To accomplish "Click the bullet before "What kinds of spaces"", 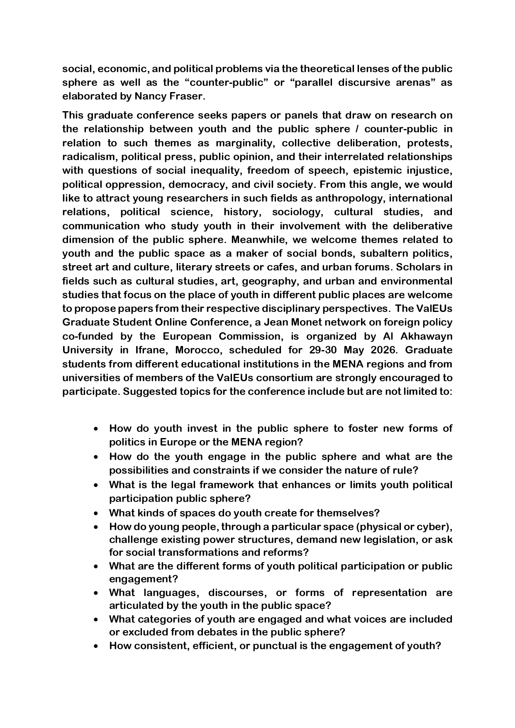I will click(x=96, y=514).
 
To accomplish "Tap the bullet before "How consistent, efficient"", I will click(x=96, y=646).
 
